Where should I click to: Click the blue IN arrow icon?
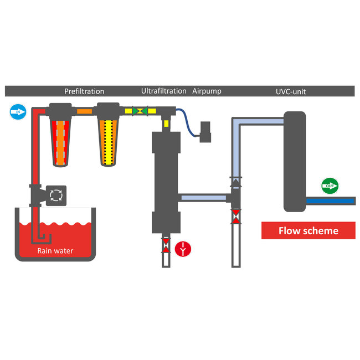(x=18, y=112)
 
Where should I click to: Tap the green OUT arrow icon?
(x=330, y=186)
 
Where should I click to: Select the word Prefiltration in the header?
(x=84, y=91)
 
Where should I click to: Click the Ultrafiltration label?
(x=164, y=91)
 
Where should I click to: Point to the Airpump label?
(x=207, y=91)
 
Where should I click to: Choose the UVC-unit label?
(x=291, y=91)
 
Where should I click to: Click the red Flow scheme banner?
(x=308, y=230)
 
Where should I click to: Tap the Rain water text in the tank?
(x=55, y=251)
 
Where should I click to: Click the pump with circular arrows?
(x=56, y=196)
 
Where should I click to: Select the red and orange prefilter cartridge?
(x=60, y=142)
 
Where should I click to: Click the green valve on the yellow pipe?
(x=140, y=111)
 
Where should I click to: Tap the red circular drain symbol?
(x=183, y=249)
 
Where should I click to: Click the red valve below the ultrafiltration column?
(x=166, y=245)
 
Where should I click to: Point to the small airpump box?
(x=205, y=132)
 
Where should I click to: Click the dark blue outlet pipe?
(x=330, y=201)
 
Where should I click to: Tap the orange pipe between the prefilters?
(x=84, y=111)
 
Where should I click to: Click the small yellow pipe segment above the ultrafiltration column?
(x=166, y=124)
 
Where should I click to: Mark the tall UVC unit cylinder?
(x=295, y=161)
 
